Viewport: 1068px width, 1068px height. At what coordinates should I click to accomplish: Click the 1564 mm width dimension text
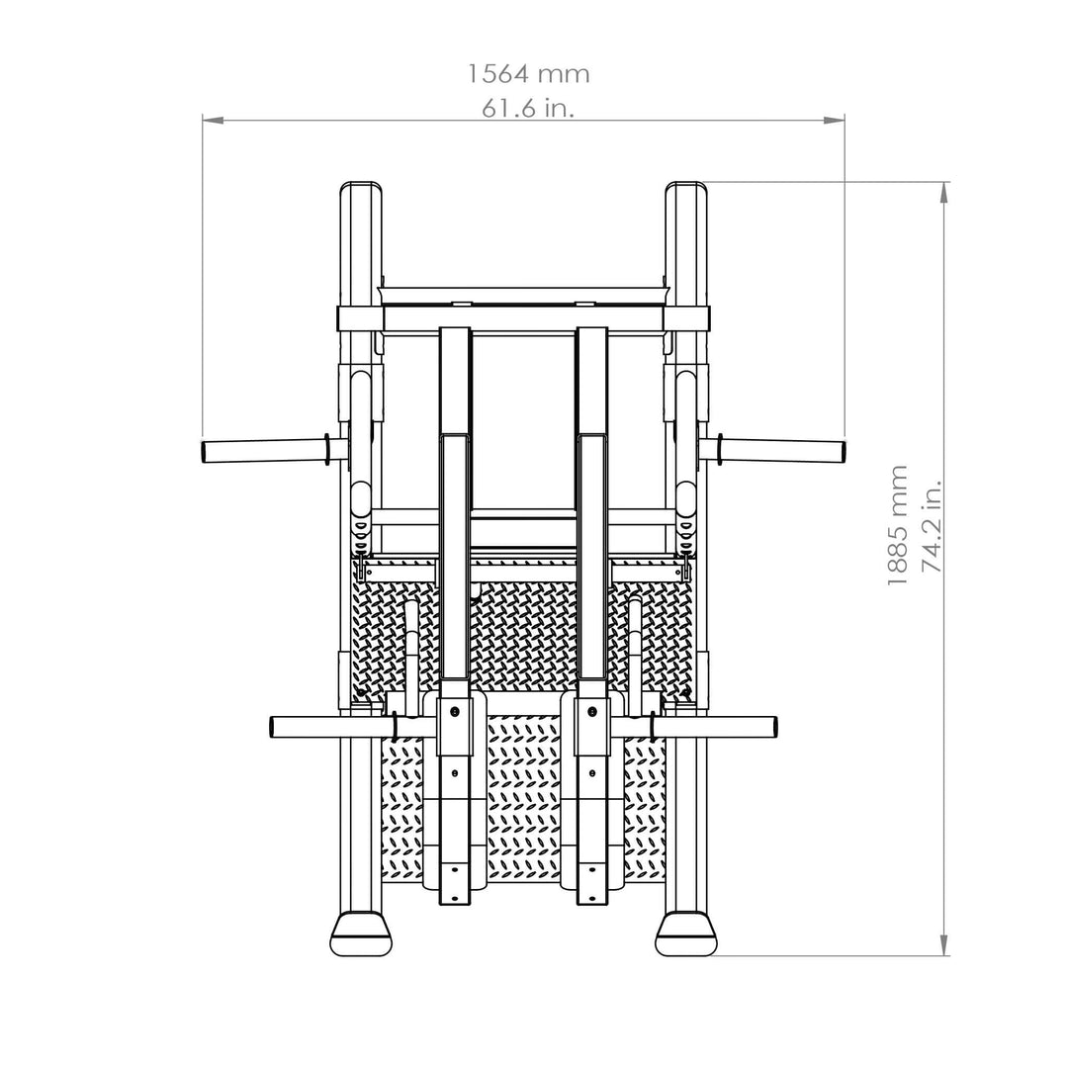pos(528,74)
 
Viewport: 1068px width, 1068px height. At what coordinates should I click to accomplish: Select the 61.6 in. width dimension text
pos(528,109)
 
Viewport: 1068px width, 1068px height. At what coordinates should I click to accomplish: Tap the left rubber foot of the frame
pos(361,933)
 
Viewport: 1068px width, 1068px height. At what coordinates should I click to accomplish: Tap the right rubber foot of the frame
pos(687,933)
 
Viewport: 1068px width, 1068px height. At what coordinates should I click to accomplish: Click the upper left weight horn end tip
pos(206,452)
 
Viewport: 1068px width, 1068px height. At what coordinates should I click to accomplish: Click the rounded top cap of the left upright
pos(361,187)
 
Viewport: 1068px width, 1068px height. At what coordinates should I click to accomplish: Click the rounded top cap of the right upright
pos(687,187)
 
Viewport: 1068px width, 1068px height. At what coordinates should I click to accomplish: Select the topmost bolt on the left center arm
pos(454,711)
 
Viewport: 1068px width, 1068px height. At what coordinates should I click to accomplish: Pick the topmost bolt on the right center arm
pos(593,711)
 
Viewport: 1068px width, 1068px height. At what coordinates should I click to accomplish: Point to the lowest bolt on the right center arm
pos(593,899)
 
